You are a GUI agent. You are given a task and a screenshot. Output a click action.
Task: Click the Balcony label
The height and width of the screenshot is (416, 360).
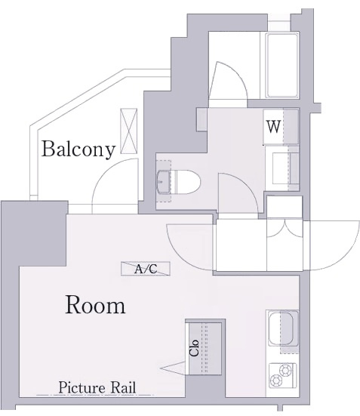coord(78,149)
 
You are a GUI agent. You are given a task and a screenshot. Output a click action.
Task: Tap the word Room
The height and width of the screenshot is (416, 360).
coord(95,305)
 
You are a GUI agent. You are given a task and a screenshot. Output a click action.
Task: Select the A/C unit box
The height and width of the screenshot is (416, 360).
coord(146,269)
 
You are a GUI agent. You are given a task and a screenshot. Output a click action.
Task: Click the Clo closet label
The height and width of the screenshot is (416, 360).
coord(194,348)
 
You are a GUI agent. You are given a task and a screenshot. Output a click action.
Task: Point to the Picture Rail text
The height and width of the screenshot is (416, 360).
coord(97,387)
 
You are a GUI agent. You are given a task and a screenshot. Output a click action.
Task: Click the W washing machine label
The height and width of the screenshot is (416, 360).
coord(273,127)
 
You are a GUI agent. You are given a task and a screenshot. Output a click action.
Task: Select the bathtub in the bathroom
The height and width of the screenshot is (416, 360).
coord(282,66)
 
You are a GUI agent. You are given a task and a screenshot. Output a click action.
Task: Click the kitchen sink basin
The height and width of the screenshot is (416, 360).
coord(281,328)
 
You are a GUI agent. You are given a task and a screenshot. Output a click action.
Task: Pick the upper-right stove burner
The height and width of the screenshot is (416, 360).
coord(286,370)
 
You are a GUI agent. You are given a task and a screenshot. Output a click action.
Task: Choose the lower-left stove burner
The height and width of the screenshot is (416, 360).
coord(276,381)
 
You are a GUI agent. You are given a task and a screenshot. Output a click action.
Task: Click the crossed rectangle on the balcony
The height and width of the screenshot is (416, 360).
coord(128,131)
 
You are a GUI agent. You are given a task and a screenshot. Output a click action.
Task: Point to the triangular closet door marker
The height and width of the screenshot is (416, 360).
coord(173,368)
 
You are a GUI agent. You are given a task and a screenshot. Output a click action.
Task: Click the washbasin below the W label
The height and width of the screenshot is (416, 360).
coord(282,168)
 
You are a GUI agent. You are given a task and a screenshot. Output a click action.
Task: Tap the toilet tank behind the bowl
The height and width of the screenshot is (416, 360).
coord(164,182)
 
